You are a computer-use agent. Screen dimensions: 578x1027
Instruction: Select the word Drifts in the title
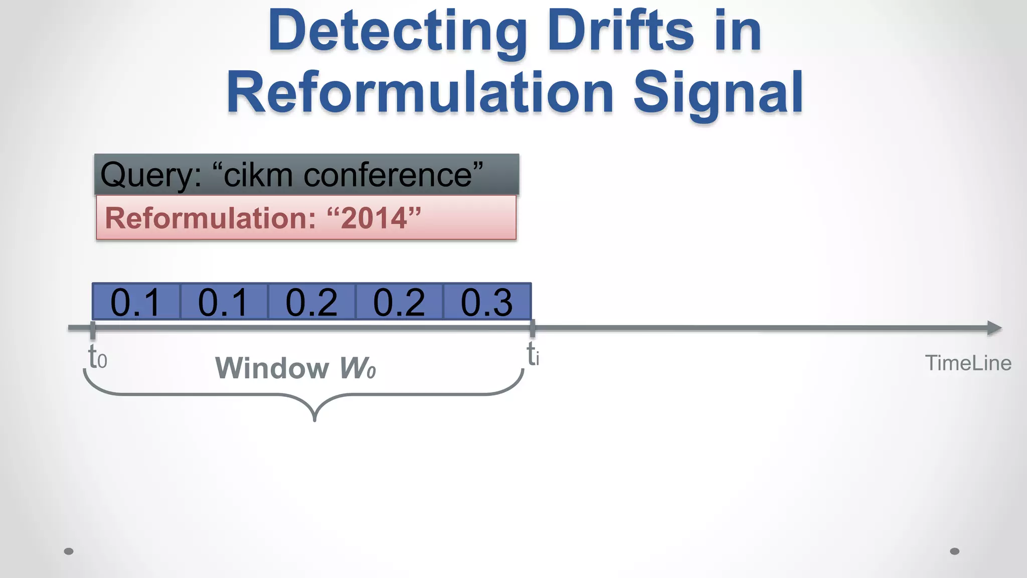coord(621,31)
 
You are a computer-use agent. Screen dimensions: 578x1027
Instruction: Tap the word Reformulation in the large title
coord(420,93)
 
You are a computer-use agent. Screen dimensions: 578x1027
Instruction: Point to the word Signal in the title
coord(718,93)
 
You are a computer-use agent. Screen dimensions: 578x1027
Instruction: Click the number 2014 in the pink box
coord(374,218)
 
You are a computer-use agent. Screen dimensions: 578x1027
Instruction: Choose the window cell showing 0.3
coord(487,302)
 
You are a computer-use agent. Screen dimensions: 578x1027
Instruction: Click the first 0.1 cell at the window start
coord(136,302)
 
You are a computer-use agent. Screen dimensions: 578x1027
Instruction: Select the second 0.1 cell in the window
coord(224,302)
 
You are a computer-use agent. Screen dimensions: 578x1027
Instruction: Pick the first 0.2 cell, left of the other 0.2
coord(311,302)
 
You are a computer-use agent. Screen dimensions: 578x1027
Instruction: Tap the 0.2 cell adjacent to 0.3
coord(399,302)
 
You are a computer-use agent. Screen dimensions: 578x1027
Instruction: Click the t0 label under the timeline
coord(97,358)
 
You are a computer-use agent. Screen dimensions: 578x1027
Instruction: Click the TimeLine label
coord(968,363)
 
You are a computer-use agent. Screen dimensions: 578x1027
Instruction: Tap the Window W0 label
coord(295,368)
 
